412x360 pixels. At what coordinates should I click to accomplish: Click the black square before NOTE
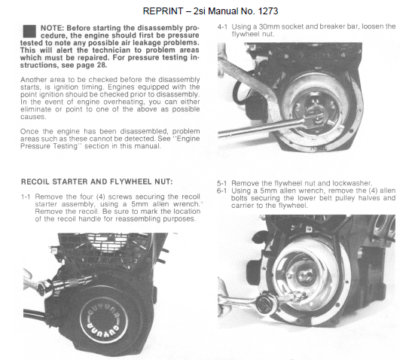click(x=30, y=31)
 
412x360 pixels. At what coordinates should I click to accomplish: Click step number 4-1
click(x=224, y=26)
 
